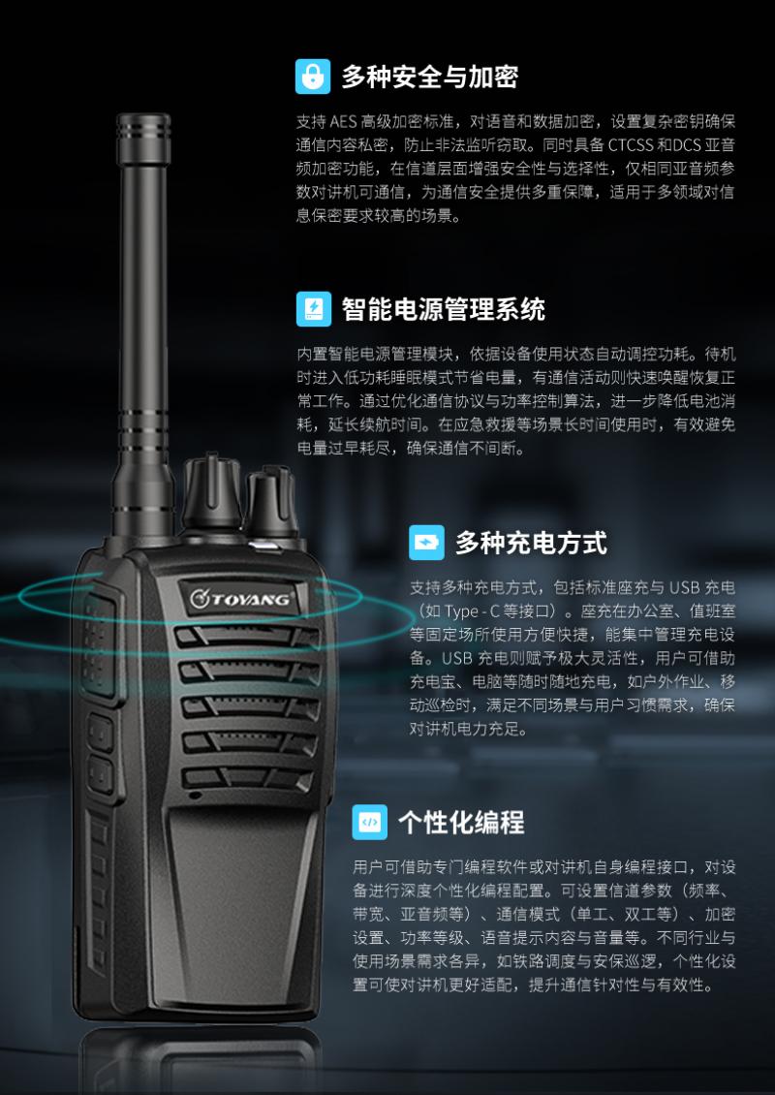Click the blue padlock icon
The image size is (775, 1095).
coord(313,77)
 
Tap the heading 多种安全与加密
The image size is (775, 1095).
coord(430,77)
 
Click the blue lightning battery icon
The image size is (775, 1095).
coord(314,309)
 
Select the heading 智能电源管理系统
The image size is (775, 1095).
coord(444,309)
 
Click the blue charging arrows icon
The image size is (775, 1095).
coord(426,543)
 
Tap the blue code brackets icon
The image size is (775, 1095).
coord(370,822)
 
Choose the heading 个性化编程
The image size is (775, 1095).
coord(461,823)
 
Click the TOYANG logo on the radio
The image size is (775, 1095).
coord(240,599)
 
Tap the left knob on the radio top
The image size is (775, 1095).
coord(211,493)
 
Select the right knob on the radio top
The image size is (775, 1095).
coord(271,504)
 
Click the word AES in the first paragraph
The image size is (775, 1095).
coord(344,122)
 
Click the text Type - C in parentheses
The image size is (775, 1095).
coord(472,611)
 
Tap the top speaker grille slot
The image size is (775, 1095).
coord(247,637)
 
